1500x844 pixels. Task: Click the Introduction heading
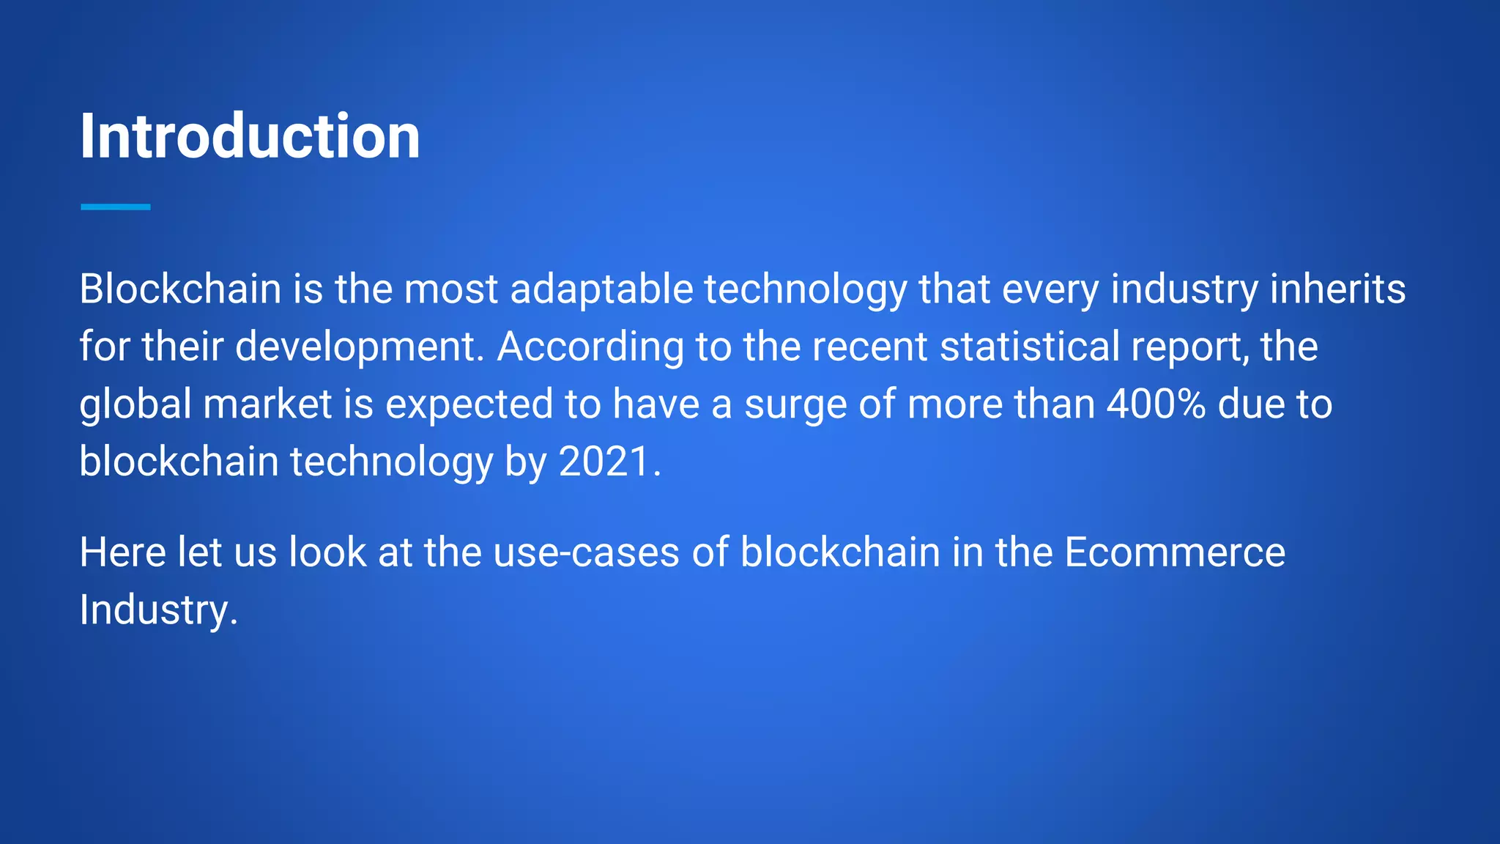tap(250, 136)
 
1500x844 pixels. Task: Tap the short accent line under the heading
tap(116, 207)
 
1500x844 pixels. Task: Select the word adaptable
tap(601, 289)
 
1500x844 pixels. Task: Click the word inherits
tap(1337, 289)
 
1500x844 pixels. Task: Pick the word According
tap(590, 347)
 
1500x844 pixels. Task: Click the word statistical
tap(1029, 347)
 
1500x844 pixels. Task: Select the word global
tap(135, 404)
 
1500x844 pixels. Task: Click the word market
tap(267, 404)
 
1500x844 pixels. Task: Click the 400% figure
tap(1156, 404)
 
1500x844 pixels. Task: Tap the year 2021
tap(605, 462)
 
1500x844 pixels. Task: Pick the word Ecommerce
tap(1174, 552)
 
